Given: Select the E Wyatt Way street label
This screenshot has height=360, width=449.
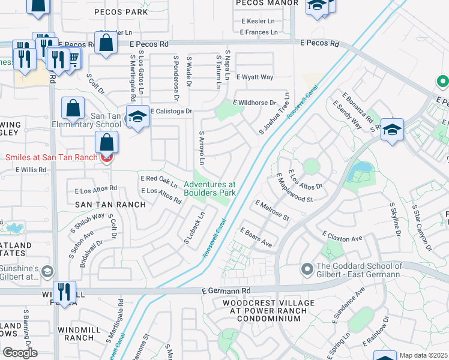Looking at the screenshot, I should coord(255,77).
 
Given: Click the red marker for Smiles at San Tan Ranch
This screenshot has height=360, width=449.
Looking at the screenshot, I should coord(107,158).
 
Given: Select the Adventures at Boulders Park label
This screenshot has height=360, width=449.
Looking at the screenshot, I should coord(210,188).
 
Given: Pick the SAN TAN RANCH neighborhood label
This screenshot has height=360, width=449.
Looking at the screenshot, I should coord(110,205).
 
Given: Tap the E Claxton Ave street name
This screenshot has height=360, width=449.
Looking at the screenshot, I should coord(343,238).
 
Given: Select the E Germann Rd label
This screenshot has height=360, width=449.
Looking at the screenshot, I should coord(225,291).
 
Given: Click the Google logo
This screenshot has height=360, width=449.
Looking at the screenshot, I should coord(20,353).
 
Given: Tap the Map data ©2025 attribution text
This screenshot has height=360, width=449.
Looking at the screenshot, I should coord(423,355).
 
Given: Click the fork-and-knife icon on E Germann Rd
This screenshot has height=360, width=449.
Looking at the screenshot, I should coord(64,291).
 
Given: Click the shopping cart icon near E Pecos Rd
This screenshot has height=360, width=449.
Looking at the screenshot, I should coord(74,58).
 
